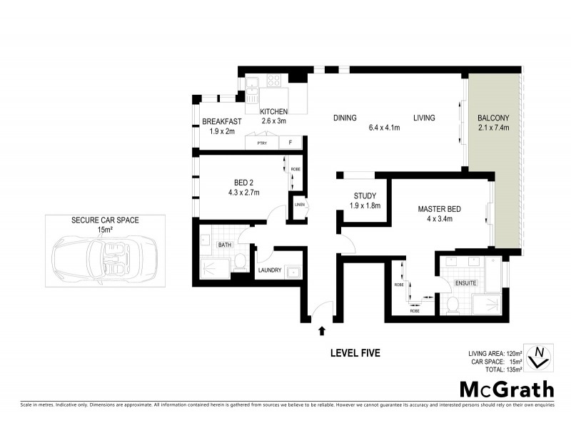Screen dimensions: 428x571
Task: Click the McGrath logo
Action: click(x=505, y=389)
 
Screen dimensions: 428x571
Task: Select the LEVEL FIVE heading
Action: click(x=355, y=352)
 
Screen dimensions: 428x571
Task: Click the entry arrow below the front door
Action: click(x=322, y=331)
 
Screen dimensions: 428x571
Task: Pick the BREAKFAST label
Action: click(x=221, y=122)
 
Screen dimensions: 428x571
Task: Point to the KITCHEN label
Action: click(x=273, y=111)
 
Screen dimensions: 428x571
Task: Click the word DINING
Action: click(x=345, y=118)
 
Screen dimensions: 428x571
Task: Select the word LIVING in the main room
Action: click(x=424, y=118)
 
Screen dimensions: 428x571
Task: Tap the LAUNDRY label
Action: click(x=269, y=270)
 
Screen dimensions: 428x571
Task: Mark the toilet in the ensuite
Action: click(x=451, y=305)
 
